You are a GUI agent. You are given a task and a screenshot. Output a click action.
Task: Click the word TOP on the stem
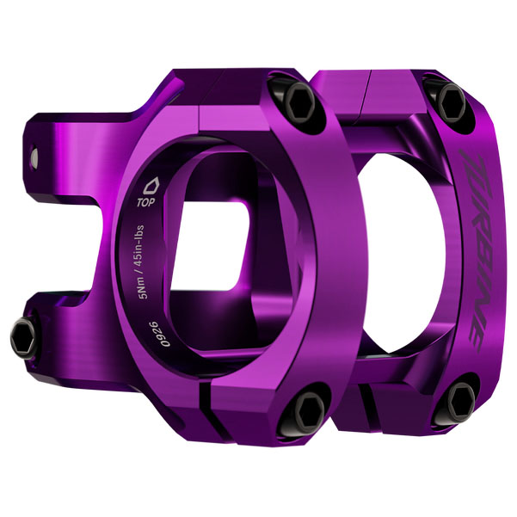pyautogui.click(x=146, y=205)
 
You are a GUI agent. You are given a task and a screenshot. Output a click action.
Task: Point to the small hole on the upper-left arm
pyautogui.click(x=36, y=157)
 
